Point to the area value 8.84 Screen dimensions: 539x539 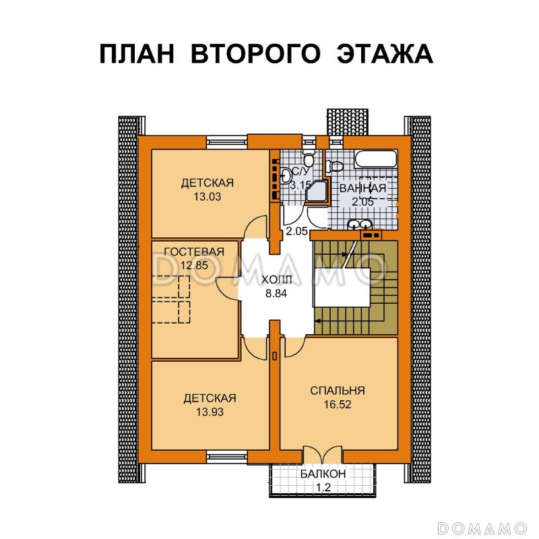(275, 292)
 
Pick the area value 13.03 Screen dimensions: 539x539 (208, 197)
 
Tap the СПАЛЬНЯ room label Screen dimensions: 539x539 (338, 390)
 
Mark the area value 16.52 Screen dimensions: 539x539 (338, 405)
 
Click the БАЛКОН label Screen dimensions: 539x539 (323, 474)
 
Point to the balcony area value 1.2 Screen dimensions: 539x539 (323, 487)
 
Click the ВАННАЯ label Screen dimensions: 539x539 (362, 189)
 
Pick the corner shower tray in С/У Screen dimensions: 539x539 (315, 193)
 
